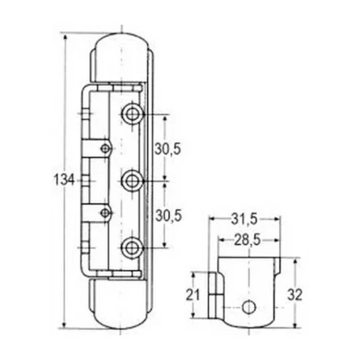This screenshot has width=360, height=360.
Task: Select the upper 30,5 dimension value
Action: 168,148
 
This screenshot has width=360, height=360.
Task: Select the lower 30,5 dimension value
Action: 168,216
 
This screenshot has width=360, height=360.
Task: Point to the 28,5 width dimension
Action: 247,240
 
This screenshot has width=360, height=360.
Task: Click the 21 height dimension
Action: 193,295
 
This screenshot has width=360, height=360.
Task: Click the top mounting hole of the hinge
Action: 132,114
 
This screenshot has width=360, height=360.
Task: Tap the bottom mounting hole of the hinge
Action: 132,247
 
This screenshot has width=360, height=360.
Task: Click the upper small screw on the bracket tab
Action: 105,148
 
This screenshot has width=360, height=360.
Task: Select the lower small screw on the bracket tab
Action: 105,212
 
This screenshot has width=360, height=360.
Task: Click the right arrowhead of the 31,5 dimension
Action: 278,219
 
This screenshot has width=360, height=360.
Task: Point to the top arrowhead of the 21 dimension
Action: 193,274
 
